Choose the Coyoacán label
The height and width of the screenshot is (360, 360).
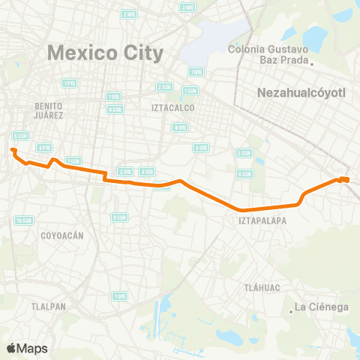61,235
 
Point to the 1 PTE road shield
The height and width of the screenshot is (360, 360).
69,82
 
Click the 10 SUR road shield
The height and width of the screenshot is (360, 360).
23,220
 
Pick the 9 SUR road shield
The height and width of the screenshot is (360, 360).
118,217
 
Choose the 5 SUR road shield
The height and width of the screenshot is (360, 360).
244,153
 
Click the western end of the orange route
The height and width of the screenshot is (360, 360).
13,151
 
